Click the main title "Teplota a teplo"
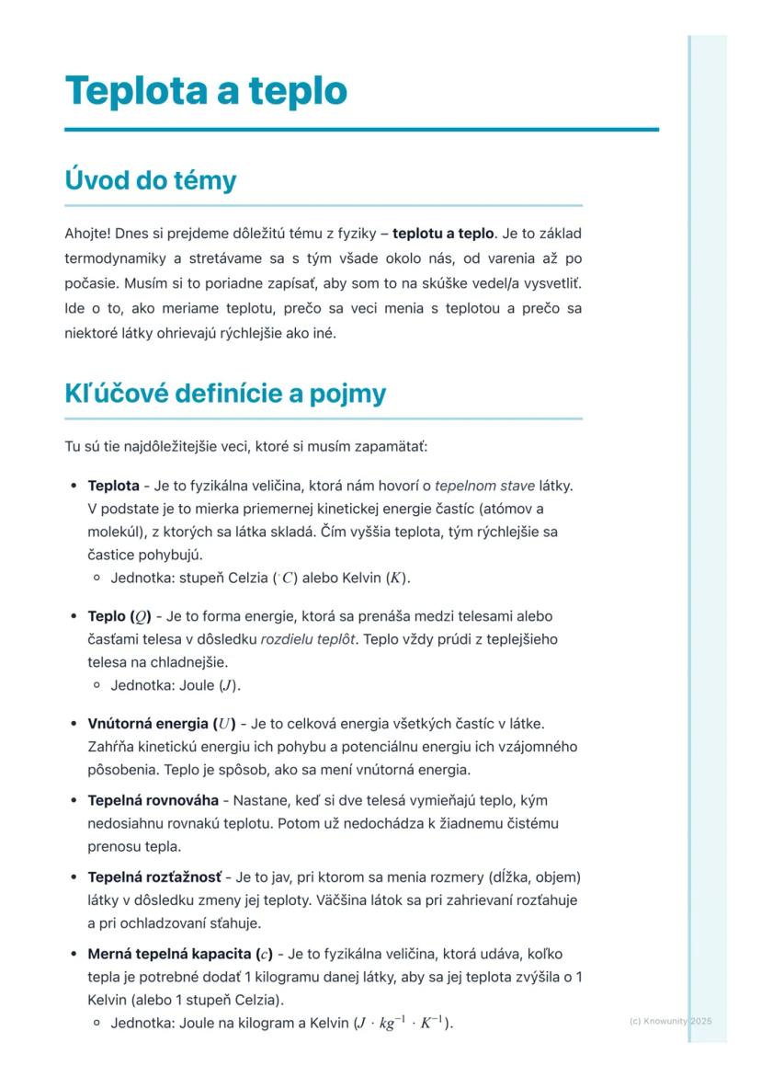[x=206, y=91]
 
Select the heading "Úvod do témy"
[x=150, y=180]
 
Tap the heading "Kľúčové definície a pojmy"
[x=225, y=394]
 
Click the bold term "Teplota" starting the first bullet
[x=113, y=485]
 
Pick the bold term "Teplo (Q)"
[x=119, y=615]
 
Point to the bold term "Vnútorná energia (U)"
[x=162, y=723]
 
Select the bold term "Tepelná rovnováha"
[x=153, y=800]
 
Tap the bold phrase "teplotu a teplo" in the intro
[x=443, y=234]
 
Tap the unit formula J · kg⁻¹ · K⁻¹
[x=403, y=1023]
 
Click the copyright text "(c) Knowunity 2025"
[x=671, y=1021]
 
